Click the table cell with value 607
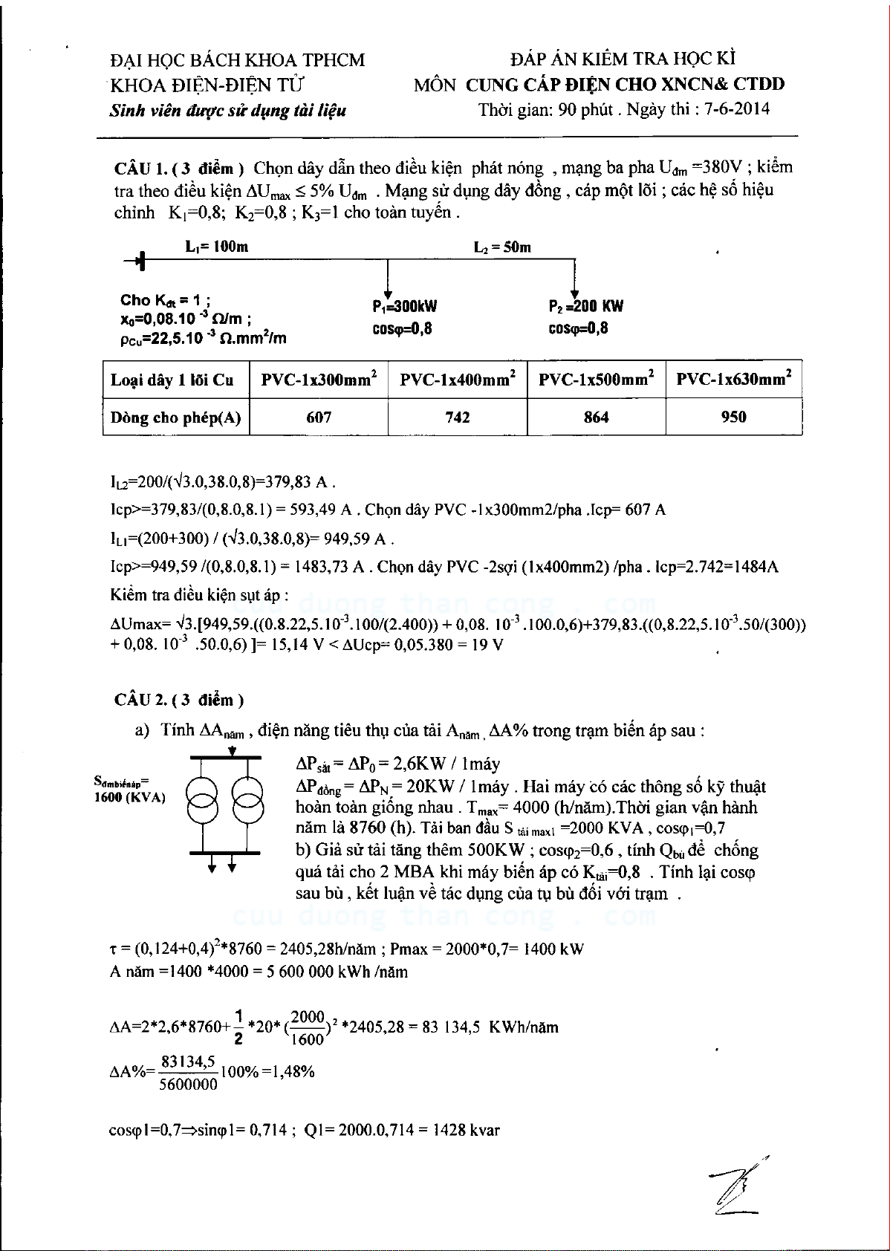click(x=319, y=417)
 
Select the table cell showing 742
click(x=458, y=417)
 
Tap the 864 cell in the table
click(x=597, y=417)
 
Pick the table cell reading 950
click(x=734, y=417)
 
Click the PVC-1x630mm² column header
click(x=734, y=380)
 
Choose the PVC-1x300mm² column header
click(x=319, y=380)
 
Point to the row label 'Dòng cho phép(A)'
click(x=176, y=417)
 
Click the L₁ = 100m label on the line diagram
click(x=217, y=247)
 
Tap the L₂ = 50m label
click(x=502, y=247)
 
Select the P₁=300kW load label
click(x=405, y=306)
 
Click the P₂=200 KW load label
click(x=586, y=306)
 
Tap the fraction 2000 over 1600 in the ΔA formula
click(x=307, y=1027)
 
